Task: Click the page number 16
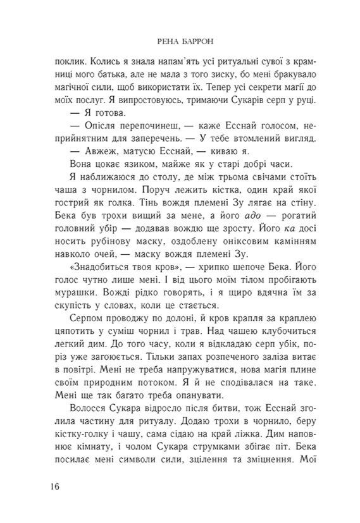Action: (x=53, y=486)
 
